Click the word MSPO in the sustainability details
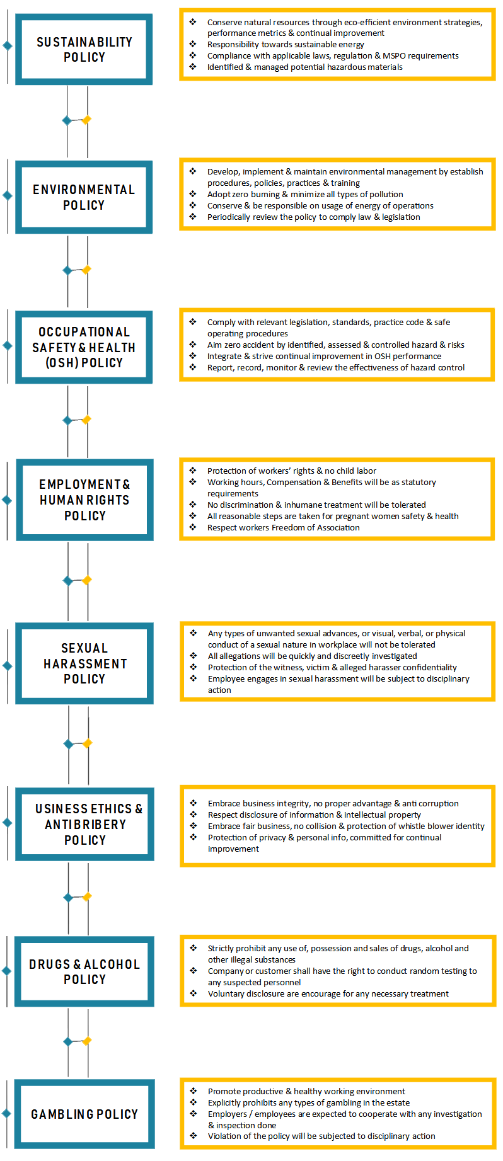[395, 56]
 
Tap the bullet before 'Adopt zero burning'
[193, 194]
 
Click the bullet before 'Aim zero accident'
[193, 345]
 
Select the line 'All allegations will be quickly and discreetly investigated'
[312, 656]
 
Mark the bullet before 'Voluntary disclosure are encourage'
[194, 993]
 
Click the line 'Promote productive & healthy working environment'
[306, 1092]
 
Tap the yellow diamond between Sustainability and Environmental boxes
[87, 120]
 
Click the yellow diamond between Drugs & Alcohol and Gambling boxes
[88, 1041]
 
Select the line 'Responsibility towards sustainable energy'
[286, 45]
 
